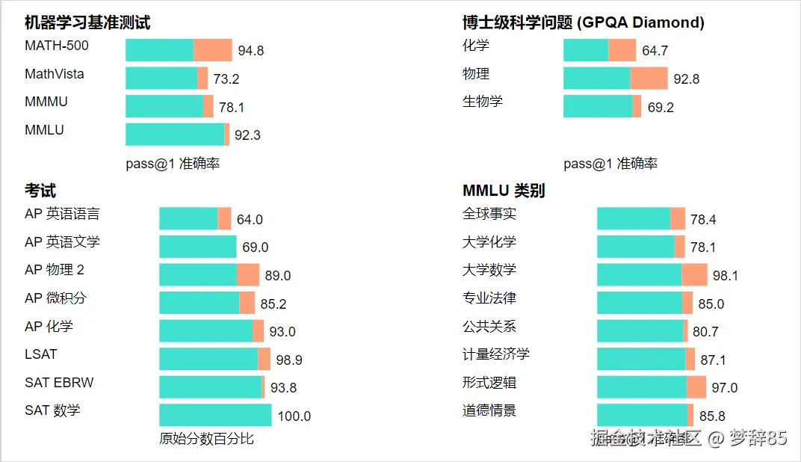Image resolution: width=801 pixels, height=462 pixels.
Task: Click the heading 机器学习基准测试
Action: click(x=87, y=22)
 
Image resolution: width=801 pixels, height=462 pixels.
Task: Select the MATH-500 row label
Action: click(x=57, y=46)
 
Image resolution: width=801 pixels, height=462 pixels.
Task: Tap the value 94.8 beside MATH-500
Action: click(x=251, y=51)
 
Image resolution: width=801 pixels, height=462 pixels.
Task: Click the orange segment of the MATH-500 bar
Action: click(x=213, y=50)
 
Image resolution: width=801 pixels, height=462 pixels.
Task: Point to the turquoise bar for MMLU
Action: click(x=175, y=135)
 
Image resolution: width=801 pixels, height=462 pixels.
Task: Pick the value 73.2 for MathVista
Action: click(x=226, y=79)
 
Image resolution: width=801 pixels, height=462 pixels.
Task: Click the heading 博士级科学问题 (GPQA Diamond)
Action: click(x=583, y=22)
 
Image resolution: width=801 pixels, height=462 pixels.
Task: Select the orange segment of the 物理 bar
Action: click(x=649, y=78)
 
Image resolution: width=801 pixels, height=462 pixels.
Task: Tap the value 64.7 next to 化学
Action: click(x=655, y=51)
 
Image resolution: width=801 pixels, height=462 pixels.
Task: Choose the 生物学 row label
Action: click(x=483, y=102)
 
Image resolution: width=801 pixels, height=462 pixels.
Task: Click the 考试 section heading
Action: click(x=40, y=191)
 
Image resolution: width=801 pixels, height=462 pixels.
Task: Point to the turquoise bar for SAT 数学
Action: click(x=215, y=415)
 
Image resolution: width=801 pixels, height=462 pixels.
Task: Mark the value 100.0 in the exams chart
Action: click(x=294, y=416)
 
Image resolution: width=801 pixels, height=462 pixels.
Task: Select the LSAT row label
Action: click(x=41, y=354)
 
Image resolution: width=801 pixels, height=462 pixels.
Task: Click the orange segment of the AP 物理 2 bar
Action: click(x=248, y=275)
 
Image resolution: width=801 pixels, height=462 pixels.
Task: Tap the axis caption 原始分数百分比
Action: click(x=207, y=439)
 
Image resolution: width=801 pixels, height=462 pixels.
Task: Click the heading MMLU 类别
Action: click(x=504, y=191)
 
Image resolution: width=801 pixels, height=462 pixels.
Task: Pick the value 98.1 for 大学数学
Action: click(x=726, y=276)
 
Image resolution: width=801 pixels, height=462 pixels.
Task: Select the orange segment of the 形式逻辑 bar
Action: click(x=696, y=387)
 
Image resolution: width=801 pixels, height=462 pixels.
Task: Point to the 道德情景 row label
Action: click(x=489, y=410)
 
